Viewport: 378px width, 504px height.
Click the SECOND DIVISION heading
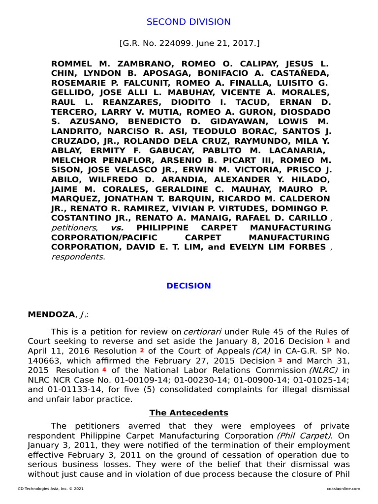189,22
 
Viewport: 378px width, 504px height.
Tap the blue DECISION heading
189,286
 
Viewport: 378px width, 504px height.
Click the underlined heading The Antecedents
189,412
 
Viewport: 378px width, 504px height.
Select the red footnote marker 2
142,350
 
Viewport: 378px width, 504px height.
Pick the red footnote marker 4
104,370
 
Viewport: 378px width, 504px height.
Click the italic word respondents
77,256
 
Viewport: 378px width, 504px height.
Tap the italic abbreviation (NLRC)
324,370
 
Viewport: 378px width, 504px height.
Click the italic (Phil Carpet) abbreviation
300,436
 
